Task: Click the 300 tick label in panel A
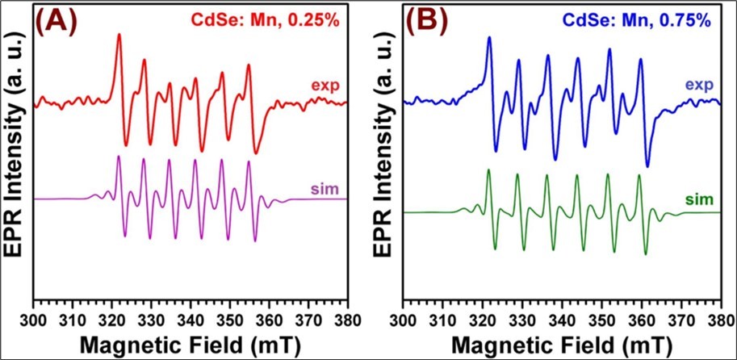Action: tap(35, 320)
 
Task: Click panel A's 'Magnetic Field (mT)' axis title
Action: tap(191, 345)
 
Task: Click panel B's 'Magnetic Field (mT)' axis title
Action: tap(563, 345)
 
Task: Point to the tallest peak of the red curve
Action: tap(119, 36)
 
